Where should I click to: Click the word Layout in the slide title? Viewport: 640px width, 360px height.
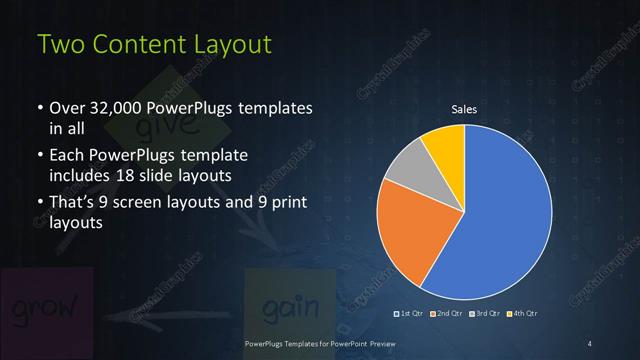coord(225,46)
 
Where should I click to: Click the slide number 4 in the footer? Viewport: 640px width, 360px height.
coord(590,344)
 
